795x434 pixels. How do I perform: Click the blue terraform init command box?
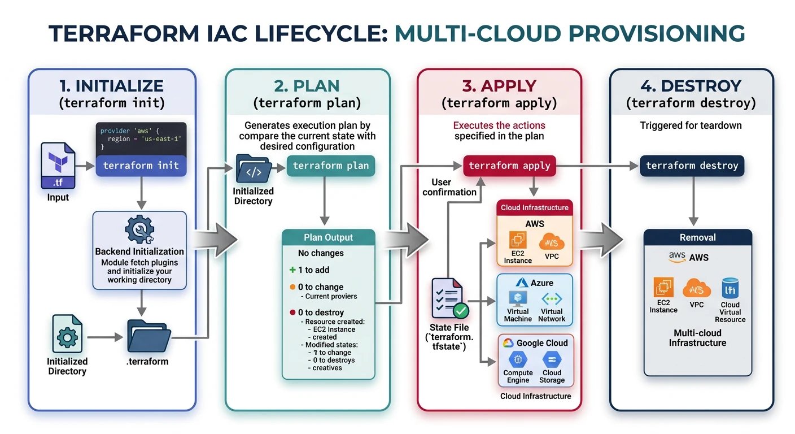pos(141,166)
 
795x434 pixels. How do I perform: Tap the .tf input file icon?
pos(58,166)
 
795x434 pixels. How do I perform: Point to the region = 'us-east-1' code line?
pos(144,138)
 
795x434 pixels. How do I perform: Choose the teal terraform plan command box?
pos(330,166)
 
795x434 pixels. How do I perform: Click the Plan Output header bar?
pos(328,237)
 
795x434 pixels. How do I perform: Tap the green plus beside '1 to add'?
pos(292,270)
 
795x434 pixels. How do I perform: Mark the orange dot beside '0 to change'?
pos(292,287)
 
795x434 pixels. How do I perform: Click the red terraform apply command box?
pos(509,166)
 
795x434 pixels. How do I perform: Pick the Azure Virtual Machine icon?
pos(518,298)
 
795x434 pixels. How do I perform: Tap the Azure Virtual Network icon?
pos(552,298)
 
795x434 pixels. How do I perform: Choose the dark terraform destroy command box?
pos(692,166)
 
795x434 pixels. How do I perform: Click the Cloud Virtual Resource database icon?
pos(730,289)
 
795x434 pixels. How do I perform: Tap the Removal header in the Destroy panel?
pos(697,237)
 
